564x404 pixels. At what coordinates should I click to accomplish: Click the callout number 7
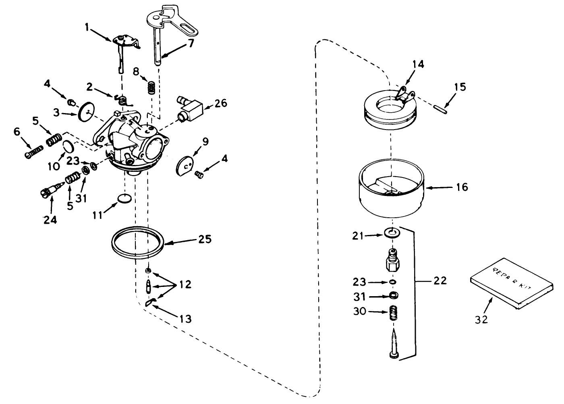pos(191,43)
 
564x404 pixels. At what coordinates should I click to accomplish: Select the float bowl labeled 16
pos(390,187)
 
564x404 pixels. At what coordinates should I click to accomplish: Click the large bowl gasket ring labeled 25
pos(138,243)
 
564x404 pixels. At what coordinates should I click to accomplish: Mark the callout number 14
pos(418,64)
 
